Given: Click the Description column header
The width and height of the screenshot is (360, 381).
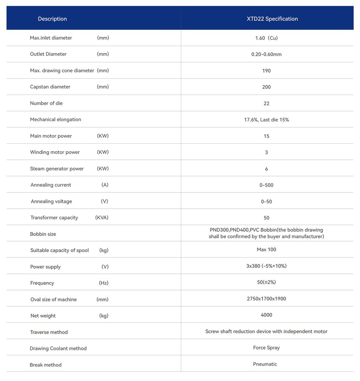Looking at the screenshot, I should tap(52, 19).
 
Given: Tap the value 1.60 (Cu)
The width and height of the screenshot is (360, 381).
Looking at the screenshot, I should tap(266, 38).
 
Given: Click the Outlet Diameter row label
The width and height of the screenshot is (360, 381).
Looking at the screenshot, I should tap(48, 54).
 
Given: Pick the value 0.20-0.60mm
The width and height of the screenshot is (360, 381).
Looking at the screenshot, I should tap(266, 54).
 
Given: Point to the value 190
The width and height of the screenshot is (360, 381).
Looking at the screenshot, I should tap(266, 71).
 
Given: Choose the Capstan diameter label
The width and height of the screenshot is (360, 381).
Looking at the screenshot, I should tap(50, 87).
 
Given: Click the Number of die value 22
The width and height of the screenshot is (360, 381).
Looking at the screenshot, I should tap(266, 104).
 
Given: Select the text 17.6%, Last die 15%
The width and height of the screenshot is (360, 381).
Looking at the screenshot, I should tap(266, 120).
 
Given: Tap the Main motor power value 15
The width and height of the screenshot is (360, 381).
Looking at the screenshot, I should tap(266, 136).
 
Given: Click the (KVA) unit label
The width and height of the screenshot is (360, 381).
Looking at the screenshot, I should tap(102, 218).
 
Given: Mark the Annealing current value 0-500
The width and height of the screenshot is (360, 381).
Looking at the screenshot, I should tap(266, 185).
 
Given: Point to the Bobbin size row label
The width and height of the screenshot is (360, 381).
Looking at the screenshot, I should tap(43, 234).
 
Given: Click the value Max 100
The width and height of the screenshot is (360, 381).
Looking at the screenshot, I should tap(266, 250).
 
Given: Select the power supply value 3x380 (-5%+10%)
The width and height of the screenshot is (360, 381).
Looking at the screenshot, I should tap(266, 266).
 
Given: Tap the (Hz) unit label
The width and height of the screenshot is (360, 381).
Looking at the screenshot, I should tap(103, 283).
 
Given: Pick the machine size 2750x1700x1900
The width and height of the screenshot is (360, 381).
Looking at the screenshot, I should tap(266, 299).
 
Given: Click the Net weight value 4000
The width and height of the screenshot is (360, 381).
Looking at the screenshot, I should tap(266, 315).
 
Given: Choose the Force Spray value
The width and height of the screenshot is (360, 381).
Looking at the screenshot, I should tap(266, 348).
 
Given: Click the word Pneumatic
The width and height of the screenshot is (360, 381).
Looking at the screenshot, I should tap(265, 364).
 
